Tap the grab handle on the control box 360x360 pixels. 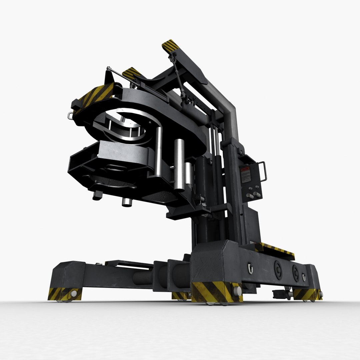coord(263,171)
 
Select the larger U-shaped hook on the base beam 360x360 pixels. coord(250,268)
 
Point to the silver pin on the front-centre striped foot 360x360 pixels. coord(237,291)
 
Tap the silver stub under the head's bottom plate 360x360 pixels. coord(127,202)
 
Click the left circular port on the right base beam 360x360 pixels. coord(278,269)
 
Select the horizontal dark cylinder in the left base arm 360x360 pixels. coord(143,277)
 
